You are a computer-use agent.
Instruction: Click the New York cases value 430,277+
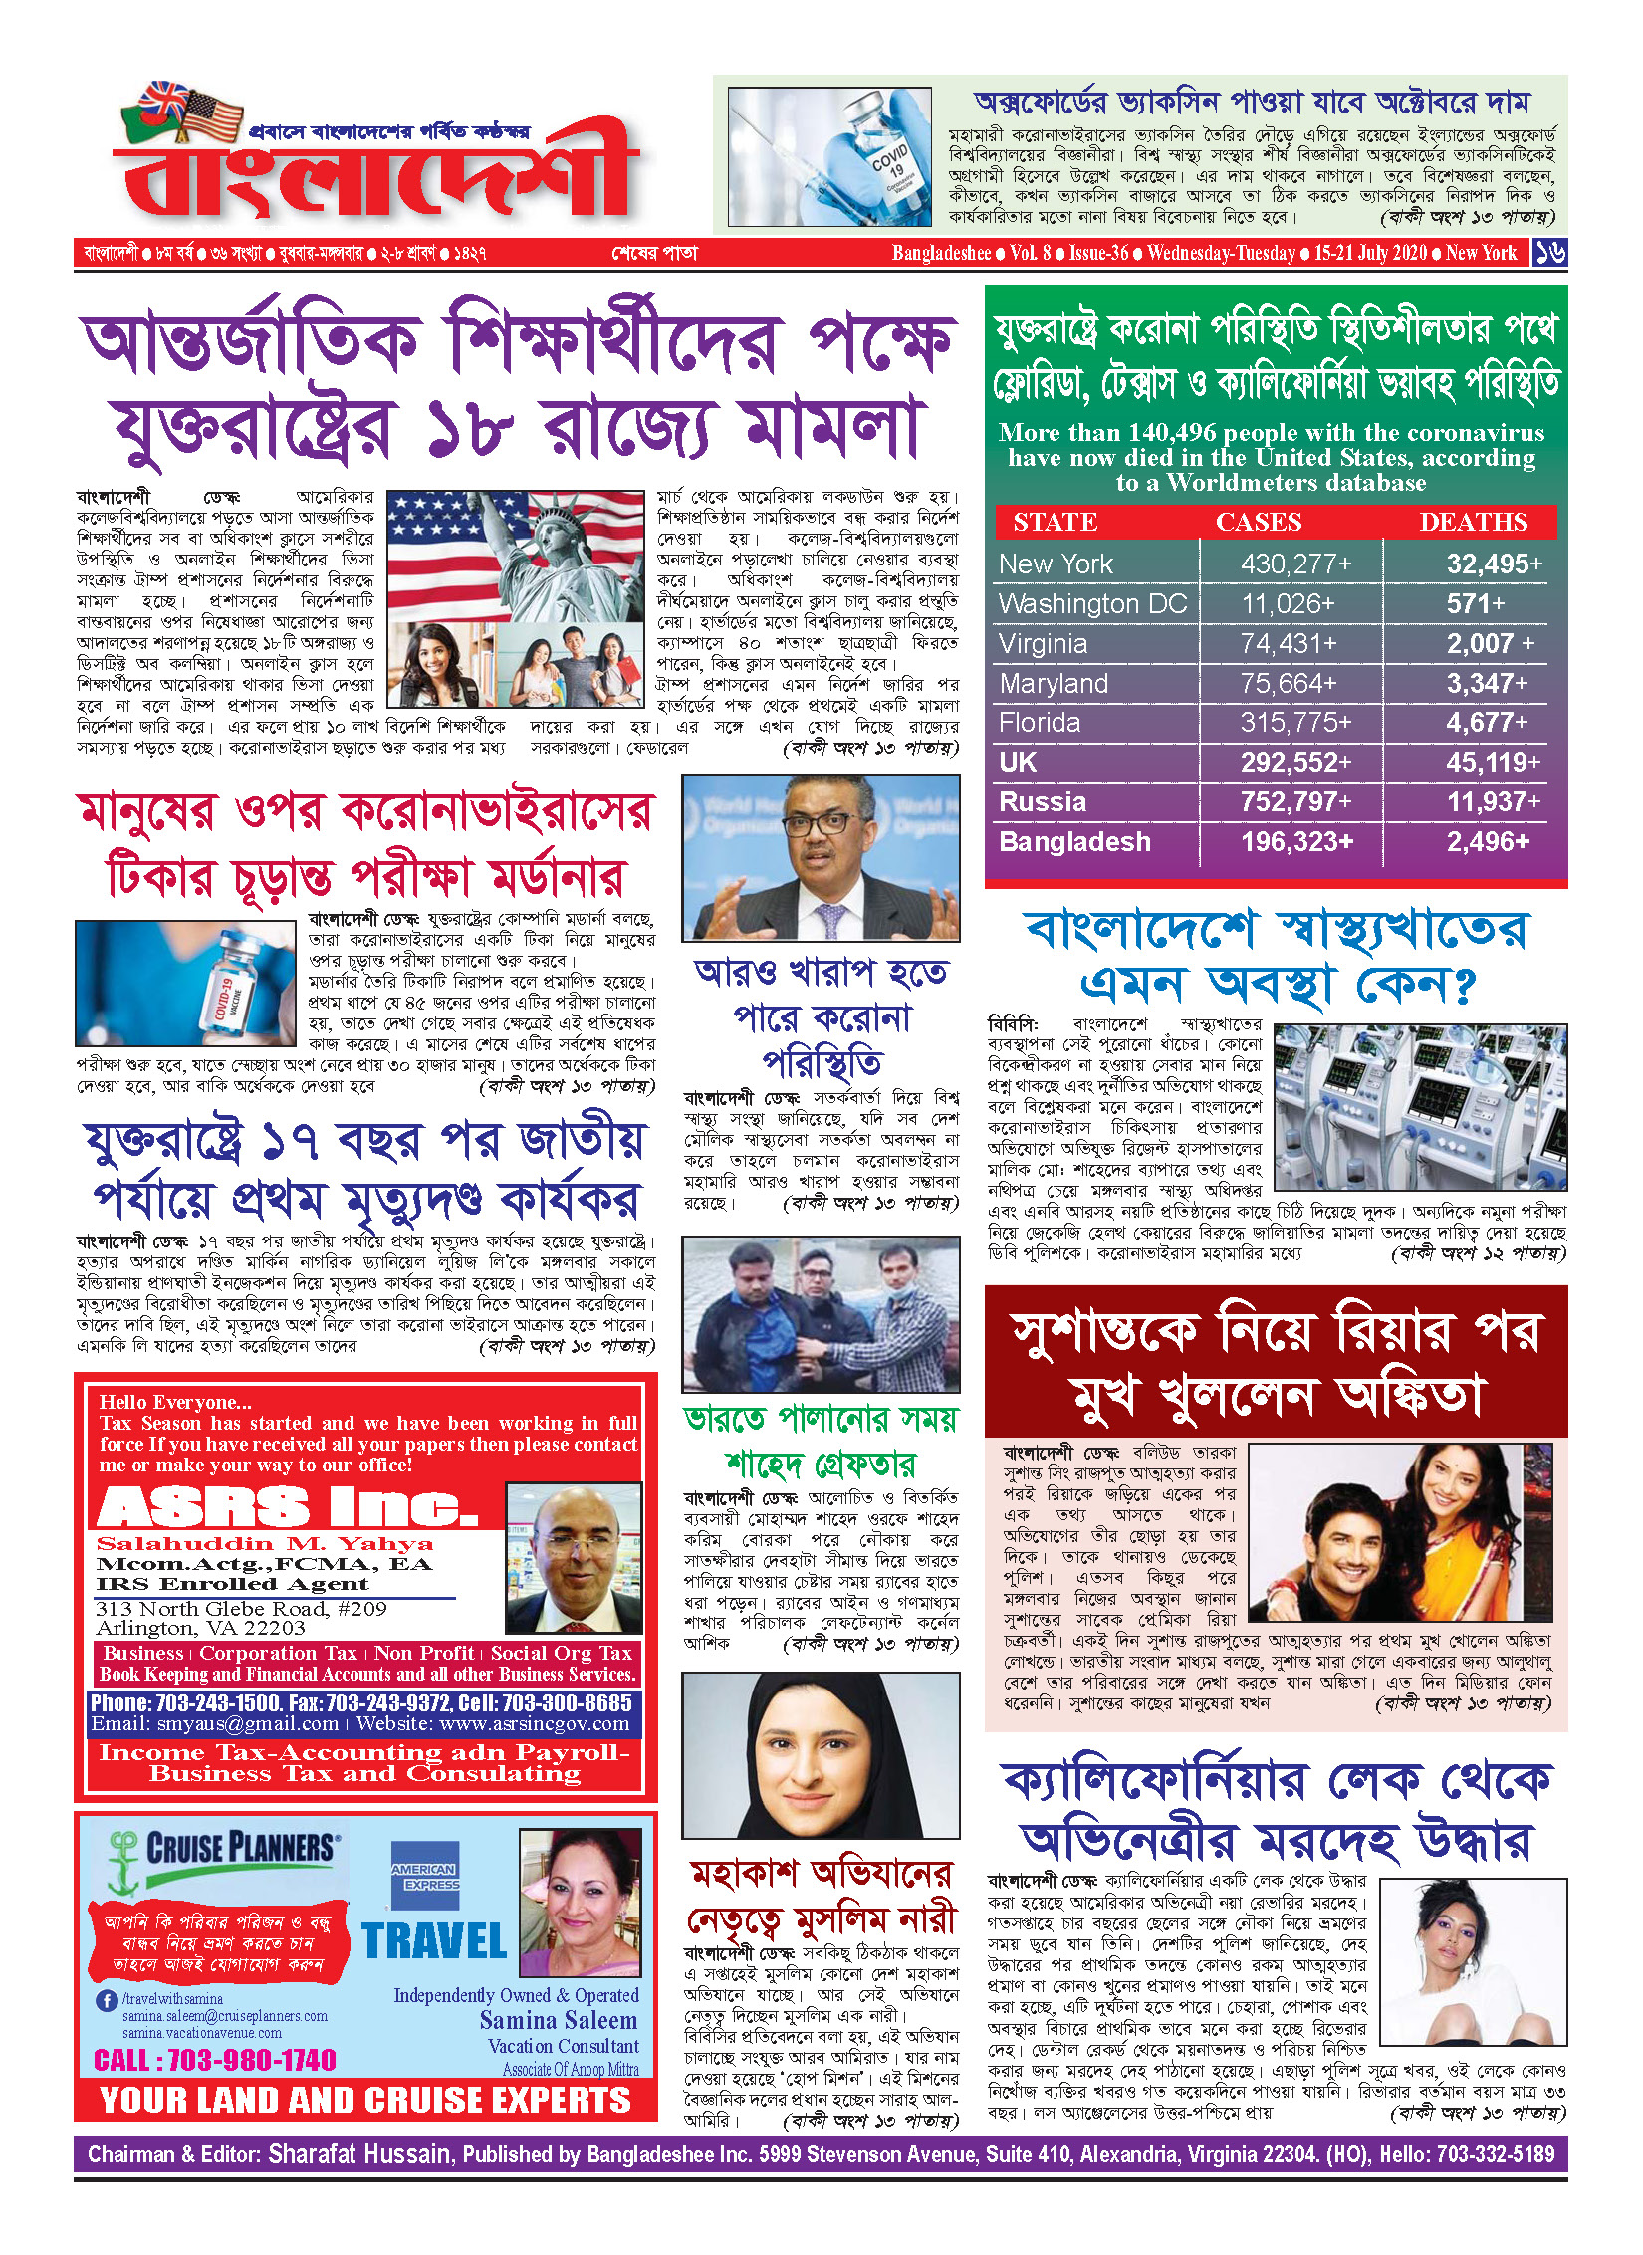click(x=1295, y=564)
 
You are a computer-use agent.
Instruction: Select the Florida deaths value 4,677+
click(x=1486, y=723)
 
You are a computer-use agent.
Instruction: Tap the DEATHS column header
click(x=1473, y=522)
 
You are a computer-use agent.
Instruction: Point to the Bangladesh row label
click(x=1074, y=842)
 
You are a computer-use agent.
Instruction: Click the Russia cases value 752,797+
click(x=1295, y=802)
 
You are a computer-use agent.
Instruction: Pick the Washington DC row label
click(x=1092, y=604)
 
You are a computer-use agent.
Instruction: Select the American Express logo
click(x=424, y=1875)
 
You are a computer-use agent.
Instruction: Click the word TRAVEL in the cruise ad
click(x=435, y=1941)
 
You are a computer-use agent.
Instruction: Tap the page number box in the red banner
click(x=1549, y=253)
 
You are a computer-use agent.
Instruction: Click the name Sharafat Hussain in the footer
click(x=359, y=2155)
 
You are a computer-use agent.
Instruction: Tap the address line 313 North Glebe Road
click(x=241, y=1609)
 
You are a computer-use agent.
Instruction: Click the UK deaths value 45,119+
click(x=1493, y=763)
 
